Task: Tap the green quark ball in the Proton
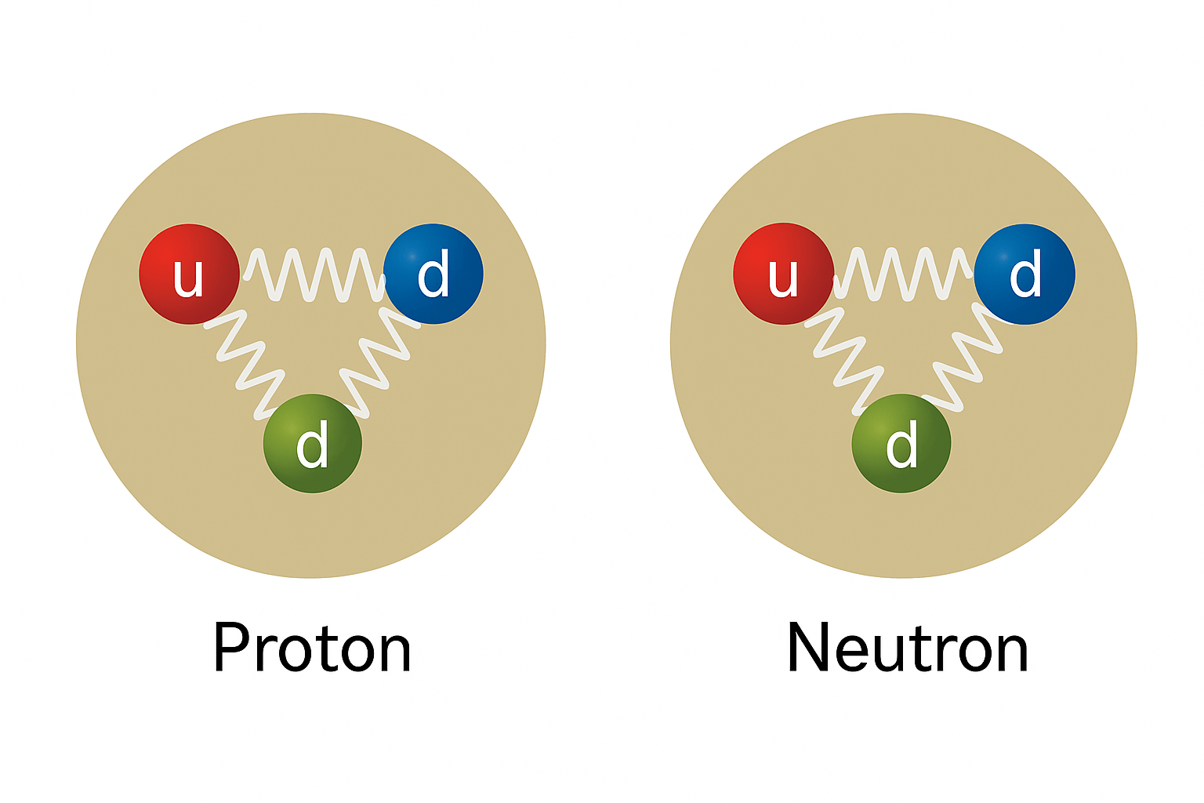point(313,443)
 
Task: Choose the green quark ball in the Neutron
point(901,443)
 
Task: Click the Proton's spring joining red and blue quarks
point(314,274)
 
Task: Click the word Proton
point(312,649)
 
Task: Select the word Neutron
point(907,649)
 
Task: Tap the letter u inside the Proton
point(188,277)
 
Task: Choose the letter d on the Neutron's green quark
point(901,445)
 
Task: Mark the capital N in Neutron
point(807,649)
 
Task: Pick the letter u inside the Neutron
point(782,277)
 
